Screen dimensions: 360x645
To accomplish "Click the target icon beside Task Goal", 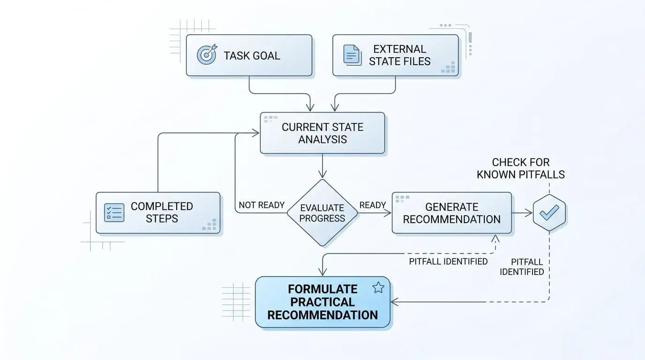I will tap(207, 55).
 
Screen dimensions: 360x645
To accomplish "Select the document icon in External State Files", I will tap(352, 55).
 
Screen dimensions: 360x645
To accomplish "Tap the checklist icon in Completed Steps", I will tap(114, 212).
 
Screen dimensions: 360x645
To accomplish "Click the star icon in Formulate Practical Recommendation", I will tap(378, 288).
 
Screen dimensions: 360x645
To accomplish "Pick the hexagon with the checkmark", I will tap(549, 213).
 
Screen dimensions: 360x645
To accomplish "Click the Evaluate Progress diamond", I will tap(322, 213).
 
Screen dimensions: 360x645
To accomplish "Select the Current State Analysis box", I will tap(322, 133).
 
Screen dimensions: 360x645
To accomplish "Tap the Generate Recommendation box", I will tap(451, 213).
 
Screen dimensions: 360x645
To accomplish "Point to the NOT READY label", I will tap(262, 205).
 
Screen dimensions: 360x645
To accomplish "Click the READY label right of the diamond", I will tap(373, 205).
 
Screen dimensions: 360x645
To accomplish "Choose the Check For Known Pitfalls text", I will tap(521, 169).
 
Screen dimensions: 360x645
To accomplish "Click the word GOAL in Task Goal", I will tap(266, 56).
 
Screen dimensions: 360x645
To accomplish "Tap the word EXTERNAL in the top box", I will tap(399, 49).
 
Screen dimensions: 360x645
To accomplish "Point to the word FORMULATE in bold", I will tap(322, 289).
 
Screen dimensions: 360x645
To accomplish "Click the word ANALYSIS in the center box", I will tap(322, 139).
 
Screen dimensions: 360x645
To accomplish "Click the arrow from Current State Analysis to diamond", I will tap(322, 166).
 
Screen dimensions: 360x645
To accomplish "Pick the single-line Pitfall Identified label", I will tap(448, 262).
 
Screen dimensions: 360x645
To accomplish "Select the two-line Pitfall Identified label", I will tap(522, 267).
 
